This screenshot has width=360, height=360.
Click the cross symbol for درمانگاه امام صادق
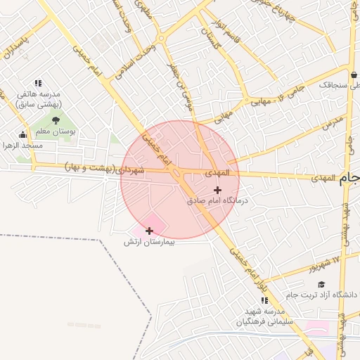[x=217, y=190]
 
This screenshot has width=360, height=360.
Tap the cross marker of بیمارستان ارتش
[x=149, y=231]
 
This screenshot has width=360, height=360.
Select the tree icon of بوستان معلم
[x=56, y=121]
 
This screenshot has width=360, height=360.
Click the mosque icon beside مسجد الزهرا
[x=23, y=134]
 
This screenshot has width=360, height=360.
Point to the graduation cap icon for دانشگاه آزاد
[x=321, y=284]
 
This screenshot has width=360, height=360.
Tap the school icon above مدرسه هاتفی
[x=38, y=83]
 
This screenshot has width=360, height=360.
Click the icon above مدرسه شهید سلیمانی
[x=264, y=300]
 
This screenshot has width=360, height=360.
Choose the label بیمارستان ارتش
[x=148, y=242]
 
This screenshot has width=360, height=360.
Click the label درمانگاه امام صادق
[x=219, y=200]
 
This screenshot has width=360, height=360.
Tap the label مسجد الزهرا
[x=22, y=145]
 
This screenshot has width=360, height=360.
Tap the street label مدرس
[x=330, y=124]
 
